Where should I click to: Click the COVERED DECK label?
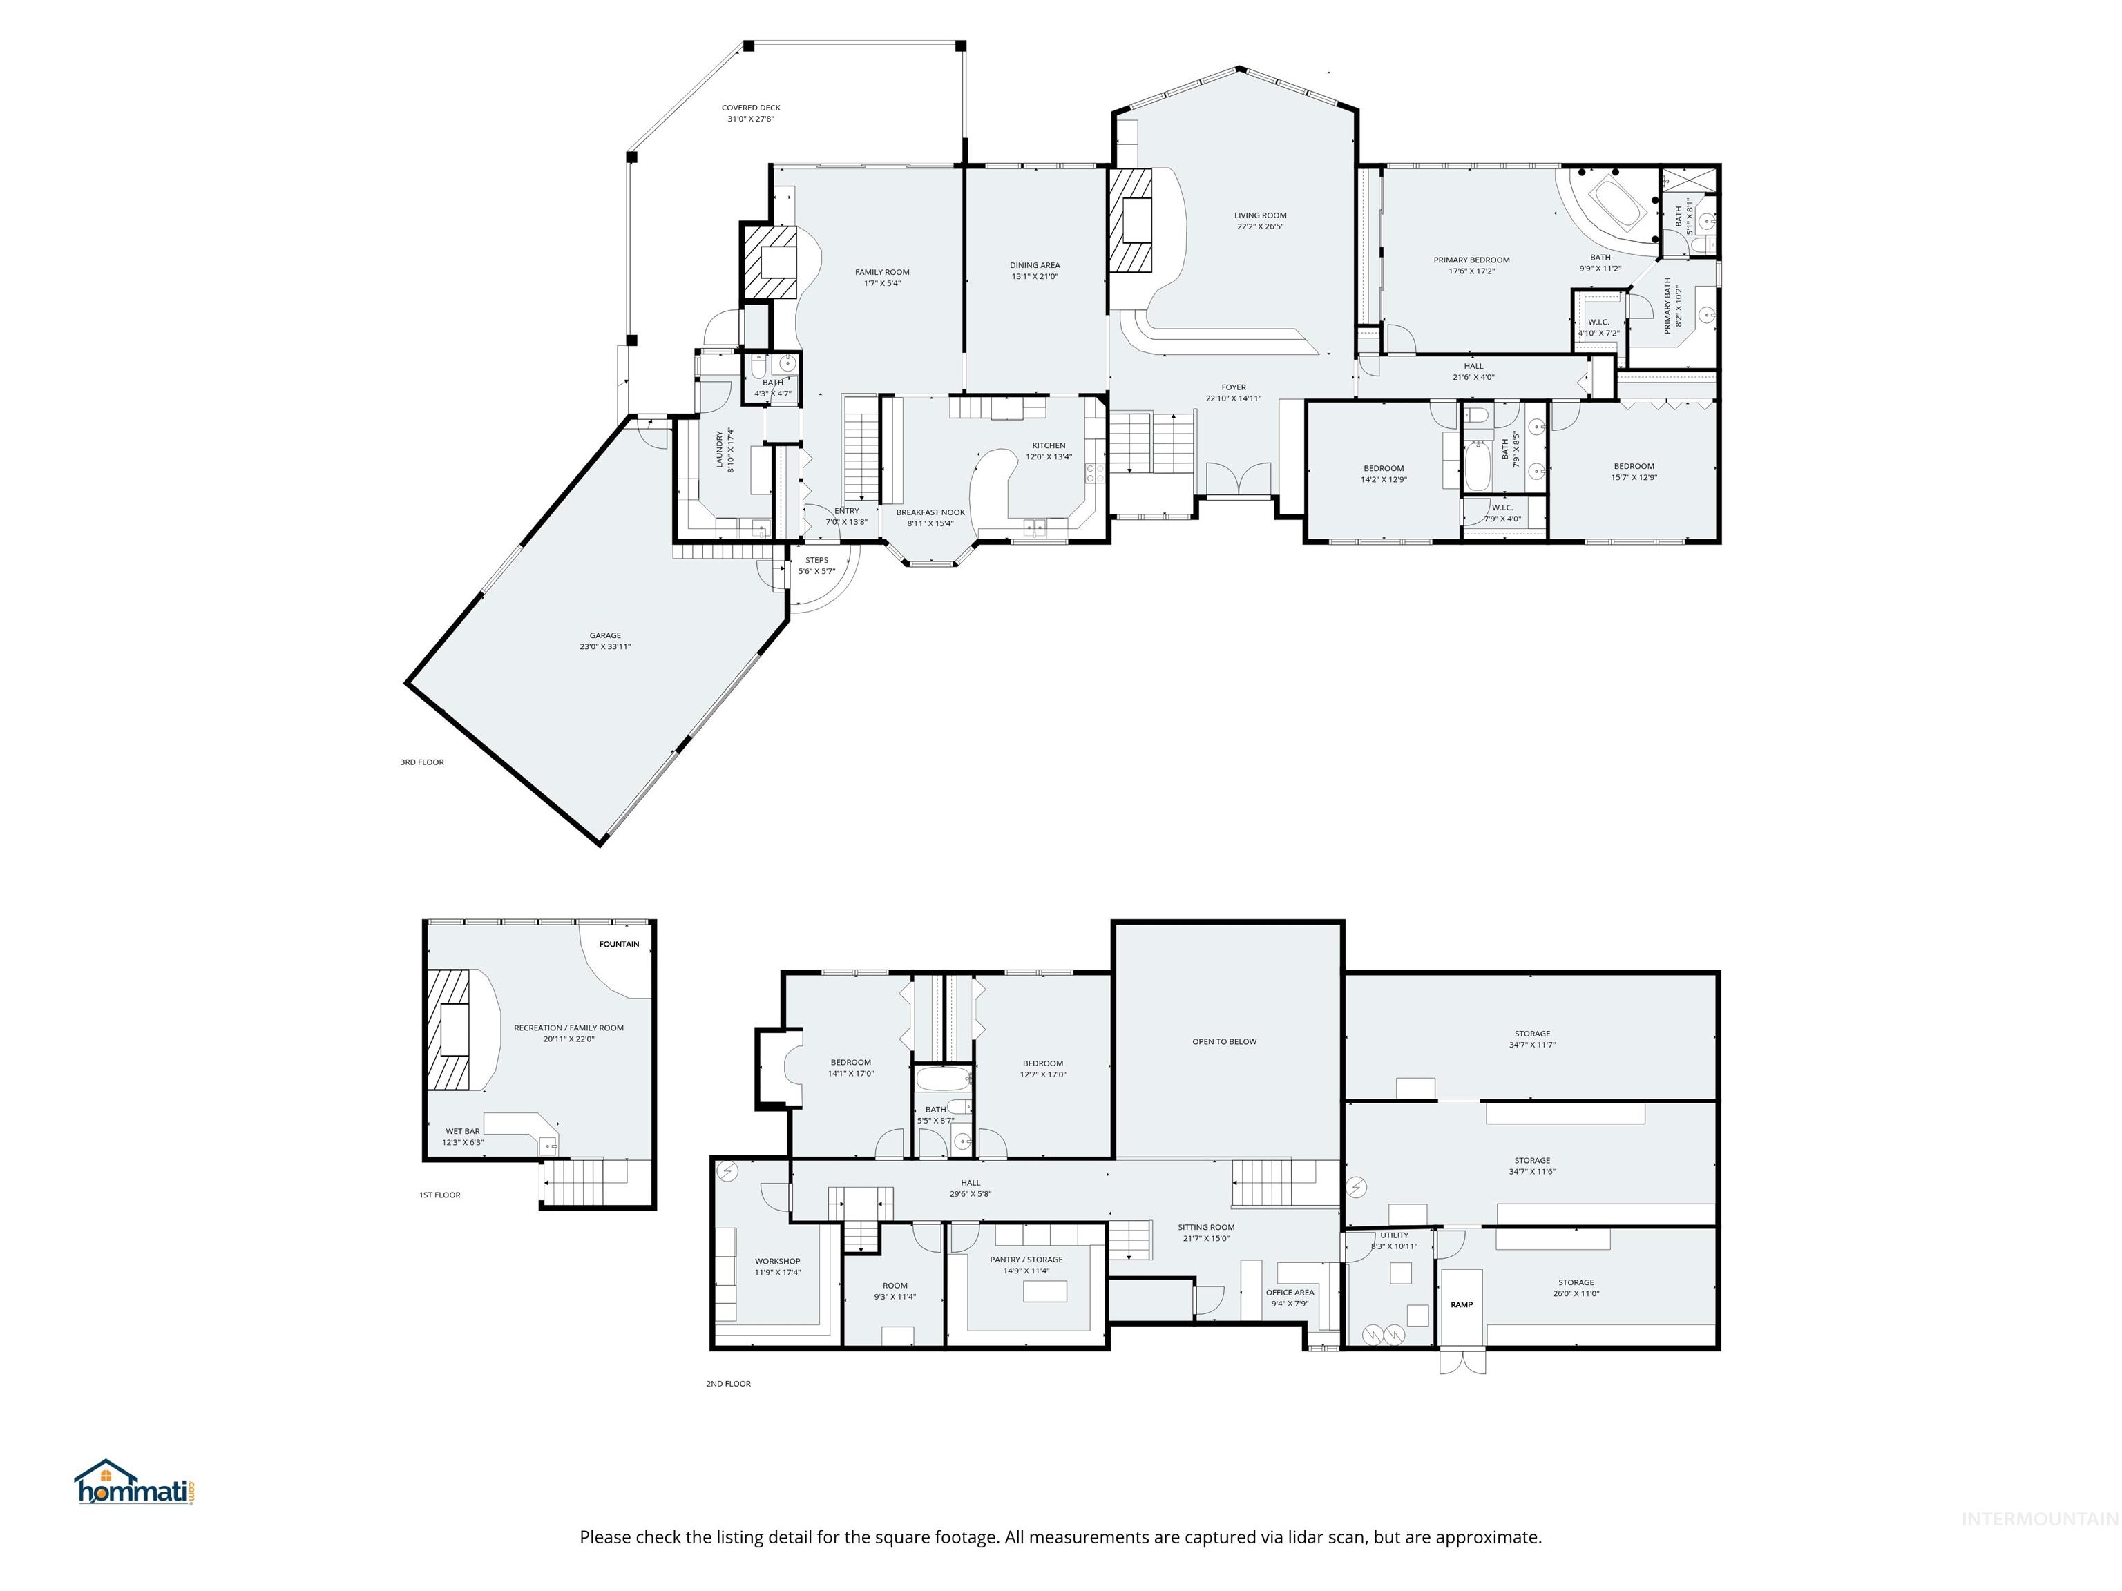click(x=750, y=108)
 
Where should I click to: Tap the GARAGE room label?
click(x=604, y=635)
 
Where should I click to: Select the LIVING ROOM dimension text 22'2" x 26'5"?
click(x=1259, y=227)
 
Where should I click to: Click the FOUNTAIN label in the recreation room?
click(x=619, y=944)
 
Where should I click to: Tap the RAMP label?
click(x=1461, y=1304)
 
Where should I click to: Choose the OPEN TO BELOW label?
click(x=1224, y=1041)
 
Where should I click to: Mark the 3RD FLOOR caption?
click(x=422, y=762)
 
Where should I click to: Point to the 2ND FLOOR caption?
click(x=728, y=1384)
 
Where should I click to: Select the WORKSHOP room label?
click(x=777, y=1261)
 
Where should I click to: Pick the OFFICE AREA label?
click(x=1290, y=1293)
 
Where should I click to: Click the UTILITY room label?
click(x=1394, y=1235)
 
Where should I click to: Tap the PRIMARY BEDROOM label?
click(x=1471, y=260)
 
